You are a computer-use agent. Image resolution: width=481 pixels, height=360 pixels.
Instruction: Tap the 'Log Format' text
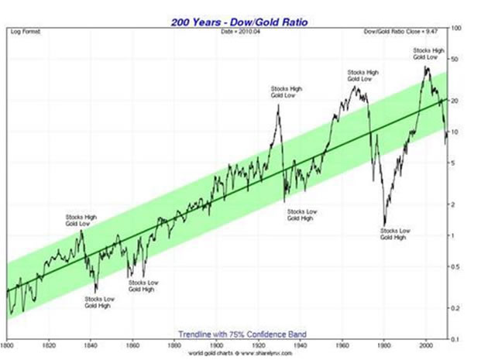(26, 31)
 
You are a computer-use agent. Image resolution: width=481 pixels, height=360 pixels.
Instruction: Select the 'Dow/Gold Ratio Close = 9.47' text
(408, 31)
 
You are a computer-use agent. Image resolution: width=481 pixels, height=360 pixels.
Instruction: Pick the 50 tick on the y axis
(457, 59)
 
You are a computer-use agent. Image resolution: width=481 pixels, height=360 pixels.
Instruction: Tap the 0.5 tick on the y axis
(457, 267)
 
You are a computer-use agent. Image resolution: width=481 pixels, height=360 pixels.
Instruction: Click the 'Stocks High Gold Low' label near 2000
(424, 53)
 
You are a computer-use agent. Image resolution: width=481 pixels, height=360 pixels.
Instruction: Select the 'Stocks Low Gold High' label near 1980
(396, 235)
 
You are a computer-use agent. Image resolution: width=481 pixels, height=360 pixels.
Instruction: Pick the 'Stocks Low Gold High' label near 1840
(98, 302)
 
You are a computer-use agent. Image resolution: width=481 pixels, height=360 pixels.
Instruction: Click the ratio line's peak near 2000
(426, 67)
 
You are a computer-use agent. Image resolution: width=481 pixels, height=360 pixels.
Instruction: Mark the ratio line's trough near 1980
(385, 225)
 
